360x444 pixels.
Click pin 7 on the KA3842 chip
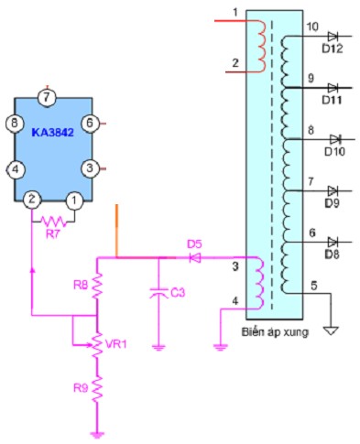click(x=49, y=96)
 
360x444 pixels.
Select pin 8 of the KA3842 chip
click(x=14, y=122)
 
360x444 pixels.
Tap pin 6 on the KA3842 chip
click(x=90, y=122)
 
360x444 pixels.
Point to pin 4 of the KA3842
click(x=14, y=168)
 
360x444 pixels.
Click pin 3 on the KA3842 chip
click(x=90, y=168)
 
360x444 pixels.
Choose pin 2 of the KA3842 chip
click(x=31, y=199)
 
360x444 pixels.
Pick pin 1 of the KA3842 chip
click(x=74, y=199)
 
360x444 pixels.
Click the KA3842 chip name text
click(x=52, y=132)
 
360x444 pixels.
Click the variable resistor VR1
click(x=96, y=343)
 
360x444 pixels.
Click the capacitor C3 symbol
click(x=158, y=292)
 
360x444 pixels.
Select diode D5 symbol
click(x=193, y=258)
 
